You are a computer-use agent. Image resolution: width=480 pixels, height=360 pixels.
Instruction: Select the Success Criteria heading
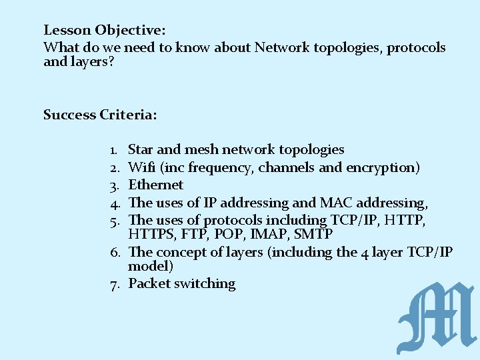point(100,115)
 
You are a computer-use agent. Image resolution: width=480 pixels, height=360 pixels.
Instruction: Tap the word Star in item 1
point(141,149)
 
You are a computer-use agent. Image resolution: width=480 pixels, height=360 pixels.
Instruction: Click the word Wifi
point(141,167)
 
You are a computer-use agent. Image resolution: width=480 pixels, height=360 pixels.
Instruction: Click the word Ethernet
point(155,185)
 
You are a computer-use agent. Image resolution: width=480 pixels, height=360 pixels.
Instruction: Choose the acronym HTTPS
point(151,235)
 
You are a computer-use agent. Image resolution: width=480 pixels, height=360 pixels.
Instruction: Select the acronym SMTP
point(313,235)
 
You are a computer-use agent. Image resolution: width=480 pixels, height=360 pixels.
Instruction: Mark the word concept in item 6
point(182,252)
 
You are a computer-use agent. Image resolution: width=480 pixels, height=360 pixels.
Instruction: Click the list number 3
point(114,185)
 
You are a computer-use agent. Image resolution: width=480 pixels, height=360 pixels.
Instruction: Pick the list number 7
point(114,284)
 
